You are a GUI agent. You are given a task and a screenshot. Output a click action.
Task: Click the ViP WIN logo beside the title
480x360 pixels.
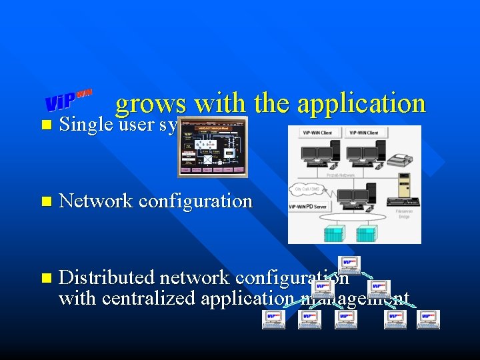coord(69,100)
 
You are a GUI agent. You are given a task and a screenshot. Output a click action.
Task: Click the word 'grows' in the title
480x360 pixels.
coord(150,103)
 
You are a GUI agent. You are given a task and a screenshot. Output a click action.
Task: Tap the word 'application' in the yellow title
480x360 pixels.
coord(361,103)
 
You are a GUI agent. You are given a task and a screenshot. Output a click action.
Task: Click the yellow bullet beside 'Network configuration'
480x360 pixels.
coord(45,201)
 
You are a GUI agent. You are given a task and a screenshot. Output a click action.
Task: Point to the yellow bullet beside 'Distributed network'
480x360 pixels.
coord(45,277)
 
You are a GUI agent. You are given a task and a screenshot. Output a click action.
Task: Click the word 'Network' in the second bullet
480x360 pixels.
coord(97,201)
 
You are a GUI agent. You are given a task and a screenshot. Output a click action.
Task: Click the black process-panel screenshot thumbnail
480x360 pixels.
coord(212,147)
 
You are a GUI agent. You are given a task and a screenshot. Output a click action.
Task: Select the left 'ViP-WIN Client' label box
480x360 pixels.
coord(317,133)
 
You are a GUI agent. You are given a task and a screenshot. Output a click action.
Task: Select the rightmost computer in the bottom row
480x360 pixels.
coord(429,319)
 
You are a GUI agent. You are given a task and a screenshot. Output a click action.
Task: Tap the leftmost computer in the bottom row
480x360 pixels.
coord(274,319)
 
